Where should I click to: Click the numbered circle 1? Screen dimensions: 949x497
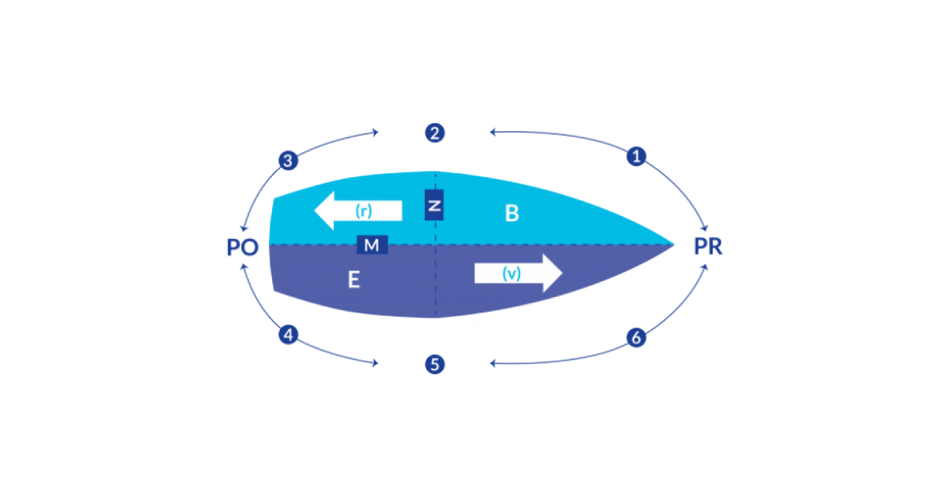[x=636, y=157]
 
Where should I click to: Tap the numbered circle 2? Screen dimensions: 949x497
[x=435, y=133]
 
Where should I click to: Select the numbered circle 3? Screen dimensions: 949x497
[x=288, y=161]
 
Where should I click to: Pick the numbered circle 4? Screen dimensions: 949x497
[x=288, y=335]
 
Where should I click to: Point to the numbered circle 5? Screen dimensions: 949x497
[x=435, y=364]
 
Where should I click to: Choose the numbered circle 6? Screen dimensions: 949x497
[x=636, y=338]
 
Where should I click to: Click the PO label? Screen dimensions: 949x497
[x=242, y=247]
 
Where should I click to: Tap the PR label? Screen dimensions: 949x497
[x=708, y=246]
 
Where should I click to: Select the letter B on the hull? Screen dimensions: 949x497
[x=512, y=213]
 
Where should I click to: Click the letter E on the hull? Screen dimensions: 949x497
[x=354, y=280]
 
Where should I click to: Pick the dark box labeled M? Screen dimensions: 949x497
[x=372, y=245]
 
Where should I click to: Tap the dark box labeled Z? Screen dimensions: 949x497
[x=434, y=205]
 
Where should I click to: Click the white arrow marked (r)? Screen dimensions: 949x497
[x=358, y=211]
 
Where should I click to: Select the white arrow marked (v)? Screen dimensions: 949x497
[x=519, y=273]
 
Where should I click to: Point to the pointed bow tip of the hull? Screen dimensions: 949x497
[x=674, y=245]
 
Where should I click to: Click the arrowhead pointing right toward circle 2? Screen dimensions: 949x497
[x=376, y=132]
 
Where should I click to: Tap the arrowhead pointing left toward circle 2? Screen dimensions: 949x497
[x=493, y=132]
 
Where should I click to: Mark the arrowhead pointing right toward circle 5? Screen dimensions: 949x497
[x=376, y=363]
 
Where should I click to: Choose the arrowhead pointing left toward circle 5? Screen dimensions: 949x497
[x=493, y=363]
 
